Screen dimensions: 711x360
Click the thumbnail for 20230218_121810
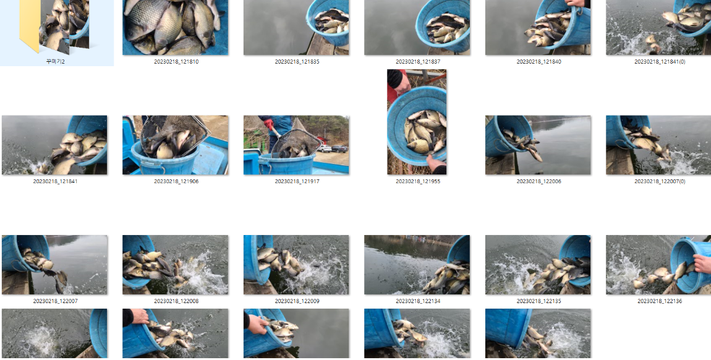pos(175,27)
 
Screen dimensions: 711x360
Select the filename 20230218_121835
pos(297,62)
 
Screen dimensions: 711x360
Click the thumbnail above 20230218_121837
pos(417,27)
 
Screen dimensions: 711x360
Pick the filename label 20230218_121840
pos(539,62)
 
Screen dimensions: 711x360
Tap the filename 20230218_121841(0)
pos(660,62)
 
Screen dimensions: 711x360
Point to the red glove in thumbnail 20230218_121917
pos(269,124)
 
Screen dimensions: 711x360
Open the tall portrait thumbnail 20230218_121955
pos(417,122)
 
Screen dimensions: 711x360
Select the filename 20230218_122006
pos(539,181)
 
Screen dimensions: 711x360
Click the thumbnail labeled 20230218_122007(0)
pos(658,145)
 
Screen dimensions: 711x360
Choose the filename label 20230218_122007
pos(55,301)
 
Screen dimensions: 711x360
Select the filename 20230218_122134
pos(417,301)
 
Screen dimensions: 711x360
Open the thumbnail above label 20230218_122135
pos(538,265)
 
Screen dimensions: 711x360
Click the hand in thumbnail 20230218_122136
pos(702,264)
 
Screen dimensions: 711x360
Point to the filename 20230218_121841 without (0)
pos(55,181)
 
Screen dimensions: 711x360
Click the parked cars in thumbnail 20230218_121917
pos(333,148)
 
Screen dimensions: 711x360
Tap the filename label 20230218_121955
pos(417,181)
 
